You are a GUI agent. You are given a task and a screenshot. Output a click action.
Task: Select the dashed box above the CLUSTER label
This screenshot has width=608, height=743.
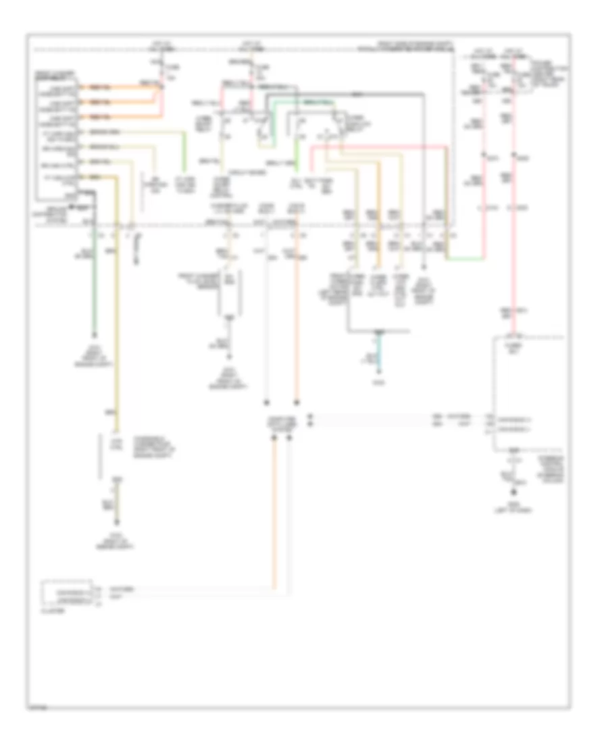(x=68, y=592)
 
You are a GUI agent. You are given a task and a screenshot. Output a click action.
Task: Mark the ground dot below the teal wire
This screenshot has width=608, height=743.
(x=379, y=369)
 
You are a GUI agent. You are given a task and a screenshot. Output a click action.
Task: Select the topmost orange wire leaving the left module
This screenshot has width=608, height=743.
(x=122, y=87)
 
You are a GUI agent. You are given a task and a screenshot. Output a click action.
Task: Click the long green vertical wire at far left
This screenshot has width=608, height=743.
(x=94, y=284)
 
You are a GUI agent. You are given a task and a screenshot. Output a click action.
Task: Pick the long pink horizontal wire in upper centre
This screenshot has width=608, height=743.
(x=378, y=145)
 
